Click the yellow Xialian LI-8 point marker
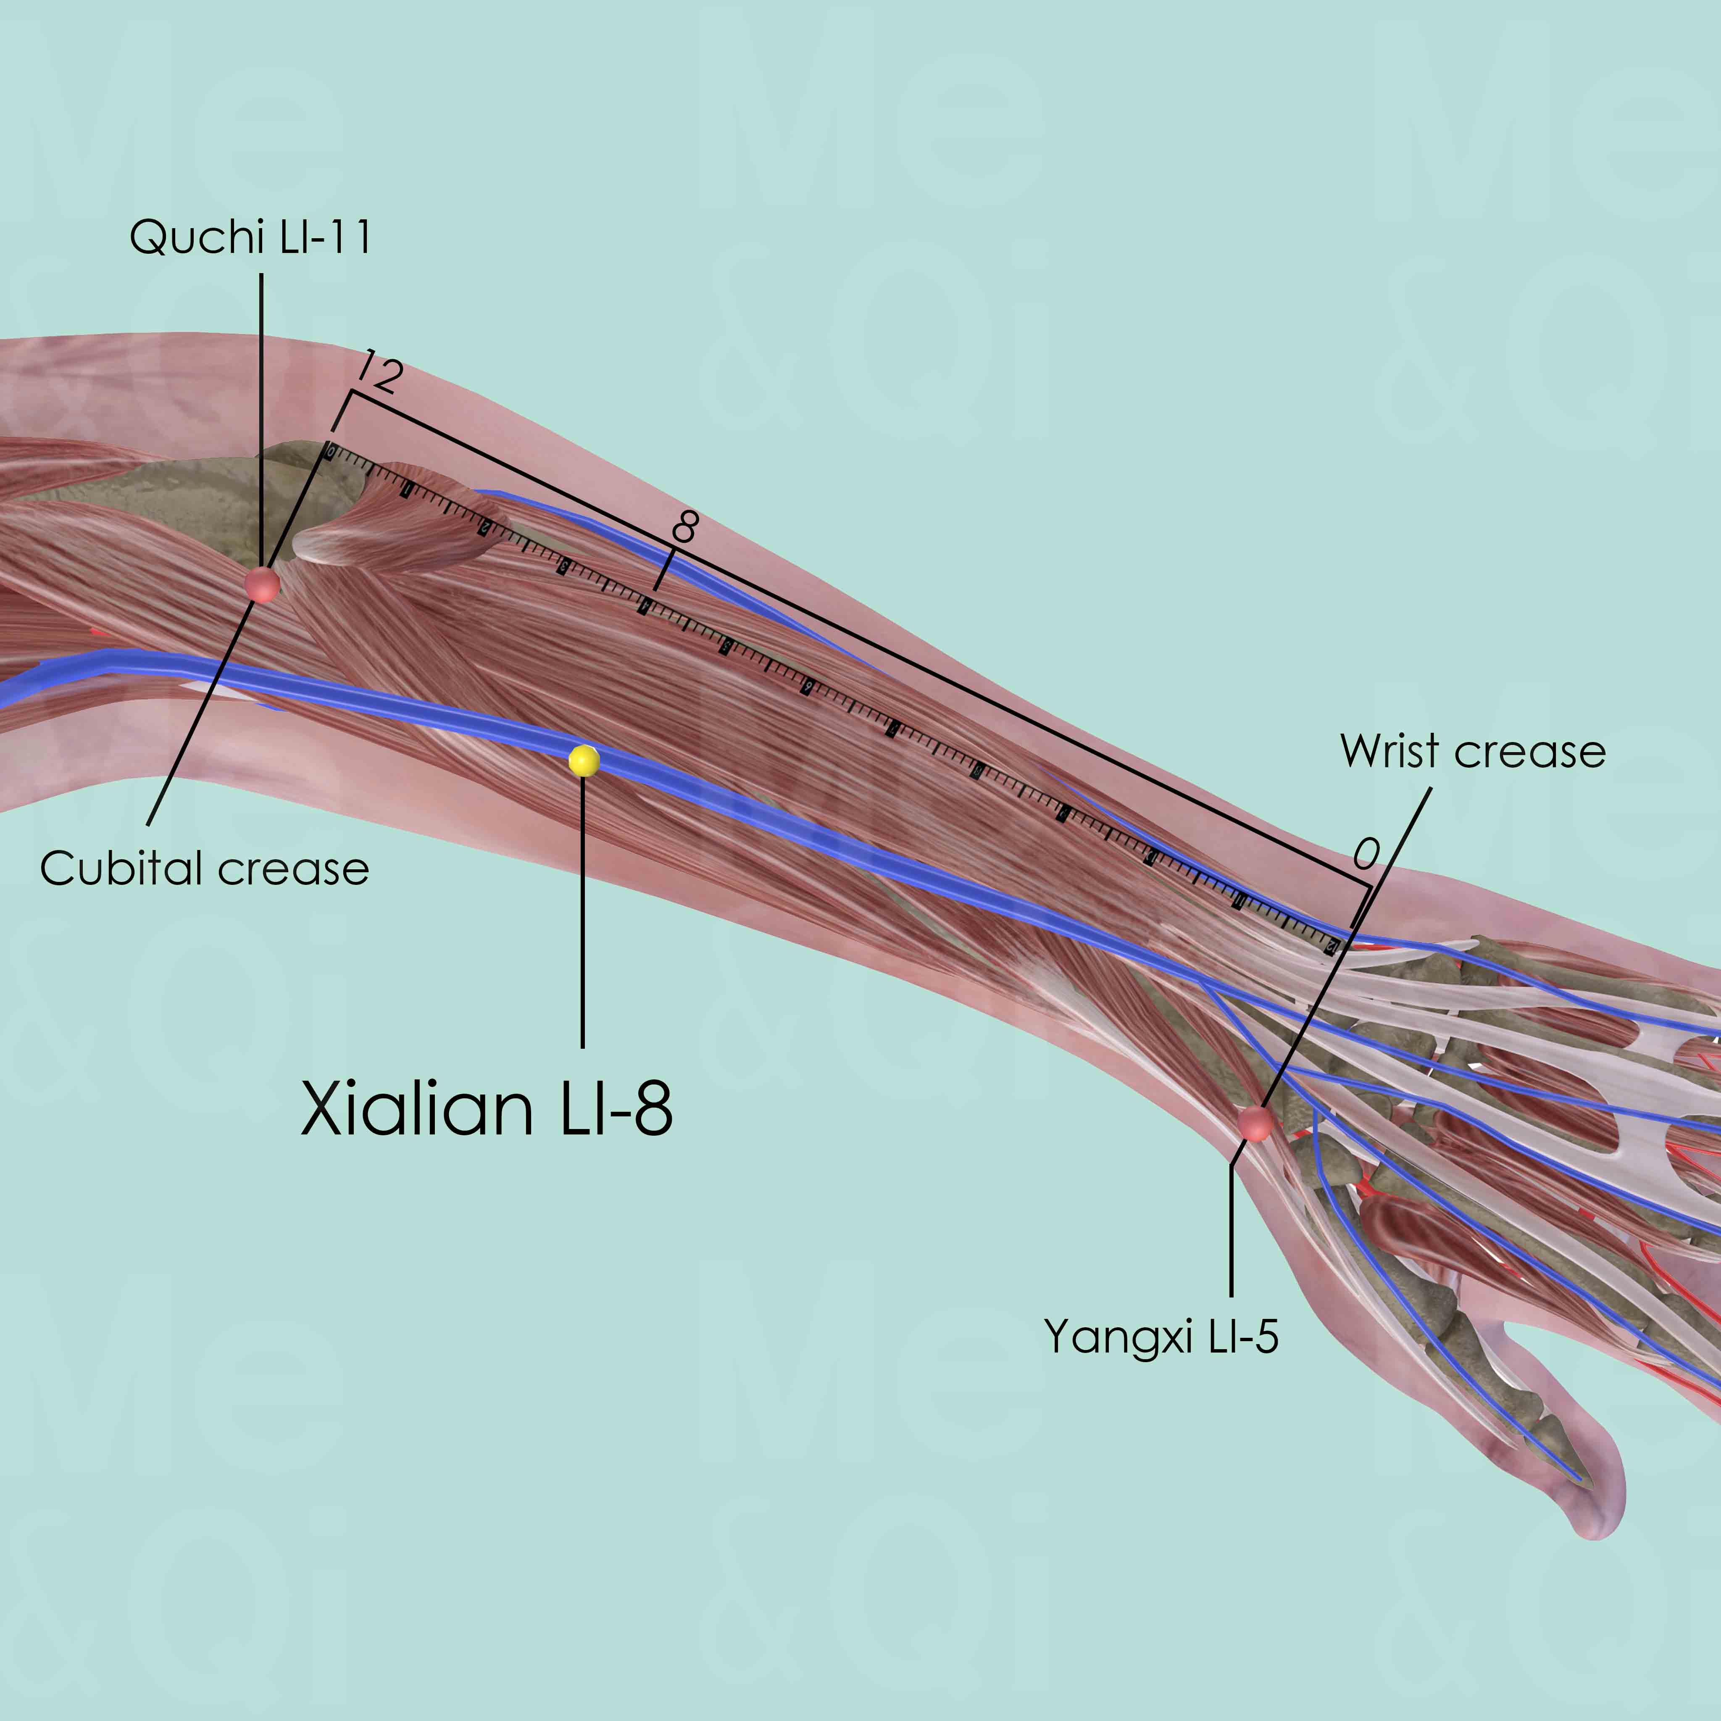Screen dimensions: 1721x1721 [x=584, y=761]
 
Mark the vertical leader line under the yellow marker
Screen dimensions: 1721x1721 [x=583, y=908]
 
